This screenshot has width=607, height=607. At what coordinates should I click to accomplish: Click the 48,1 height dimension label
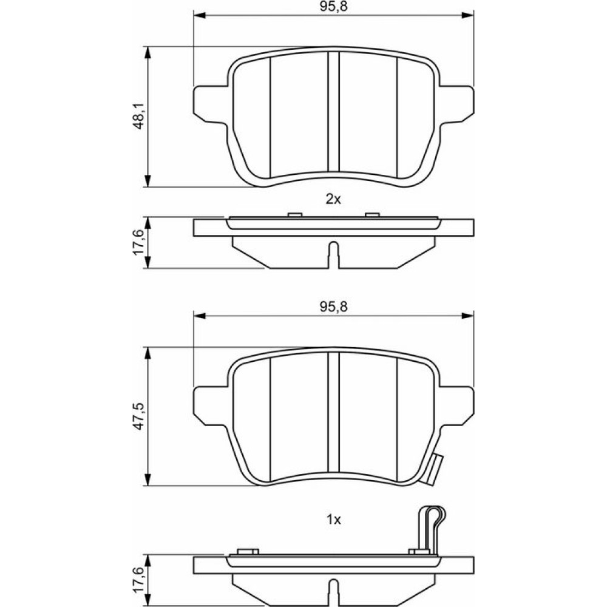tap(138, 116)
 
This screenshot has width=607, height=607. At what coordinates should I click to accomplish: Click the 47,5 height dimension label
tap(138, 416)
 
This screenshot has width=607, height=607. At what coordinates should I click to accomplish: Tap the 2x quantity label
tap(333, 199)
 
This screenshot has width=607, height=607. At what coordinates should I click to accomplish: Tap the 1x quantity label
tap(333, 520)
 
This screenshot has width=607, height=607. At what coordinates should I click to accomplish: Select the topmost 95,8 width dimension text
tap(333, 7)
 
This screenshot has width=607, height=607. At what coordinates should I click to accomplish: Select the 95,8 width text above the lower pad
tap(333, 307)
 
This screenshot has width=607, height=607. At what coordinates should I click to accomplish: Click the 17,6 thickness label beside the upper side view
tap(138, 242)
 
